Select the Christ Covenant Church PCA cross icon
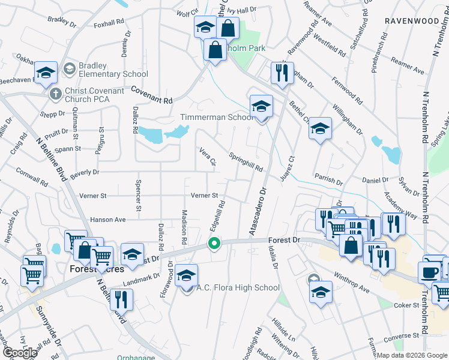pyautogui.click(x=55, y=94)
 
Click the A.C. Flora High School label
pyautogui.click(x=238, y=287)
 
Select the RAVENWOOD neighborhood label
pyautogui.click(x=412, y=20)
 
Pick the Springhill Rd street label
pyautogui.click(x=246, y=161)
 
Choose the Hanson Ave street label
pyautogui.click(x=108, y=220)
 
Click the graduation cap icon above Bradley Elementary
pyautogui.click(x=46, y=73)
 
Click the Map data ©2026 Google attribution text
pyautogui.click(x=411, y=355)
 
